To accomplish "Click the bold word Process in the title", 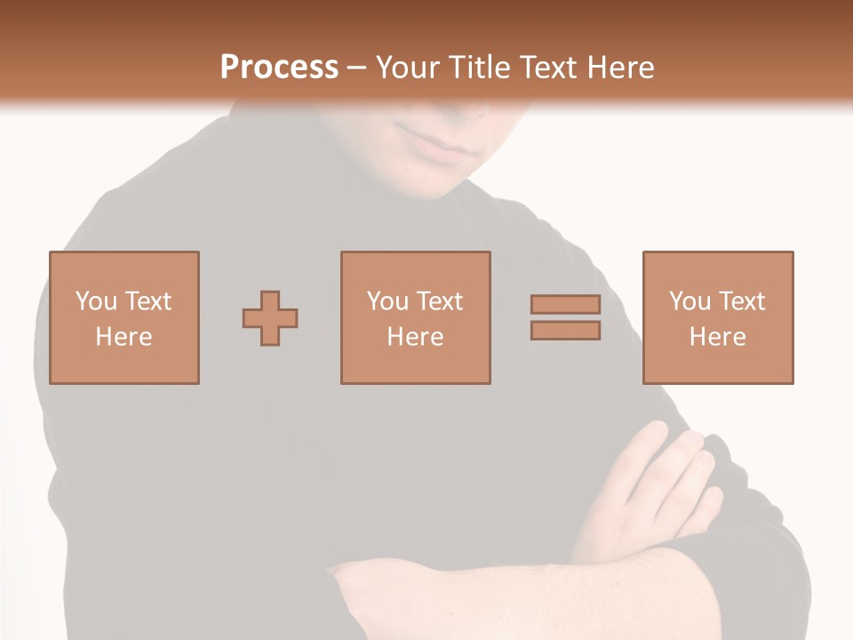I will click(279, 68).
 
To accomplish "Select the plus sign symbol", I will click(270, 317).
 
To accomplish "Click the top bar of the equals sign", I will click(565, 304).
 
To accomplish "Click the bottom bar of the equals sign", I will click(565, 331).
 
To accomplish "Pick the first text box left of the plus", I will click(124, 317).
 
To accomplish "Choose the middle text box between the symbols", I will click(415, 317).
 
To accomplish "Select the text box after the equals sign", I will click(717, 317).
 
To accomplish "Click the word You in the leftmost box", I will click(96, 301).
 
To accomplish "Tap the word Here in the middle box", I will click(415, 337).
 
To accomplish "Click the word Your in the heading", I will click(409, 68).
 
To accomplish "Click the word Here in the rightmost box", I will click(717, 337).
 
